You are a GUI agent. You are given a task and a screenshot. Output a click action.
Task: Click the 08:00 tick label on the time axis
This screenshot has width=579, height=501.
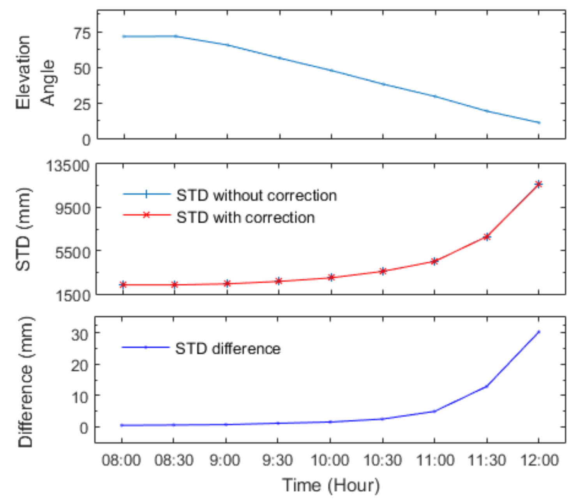point(121,461)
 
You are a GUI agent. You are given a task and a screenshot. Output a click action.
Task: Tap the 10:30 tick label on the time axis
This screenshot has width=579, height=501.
point(382,461)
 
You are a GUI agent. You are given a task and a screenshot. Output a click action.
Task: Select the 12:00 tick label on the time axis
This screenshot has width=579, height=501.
point(540,461)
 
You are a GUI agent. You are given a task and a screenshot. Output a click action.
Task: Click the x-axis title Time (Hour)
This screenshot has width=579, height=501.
point(331,485)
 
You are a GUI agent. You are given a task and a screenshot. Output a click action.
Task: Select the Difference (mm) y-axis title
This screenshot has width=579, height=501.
point(26,381)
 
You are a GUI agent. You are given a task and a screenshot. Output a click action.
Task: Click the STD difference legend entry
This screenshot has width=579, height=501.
point(228,348)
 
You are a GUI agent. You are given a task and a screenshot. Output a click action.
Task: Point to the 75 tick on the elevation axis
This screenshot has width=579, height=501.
point(82,33)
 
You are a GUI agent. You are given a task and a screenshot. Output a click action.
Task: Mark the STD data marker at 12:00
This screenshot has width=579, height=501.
point(538,184)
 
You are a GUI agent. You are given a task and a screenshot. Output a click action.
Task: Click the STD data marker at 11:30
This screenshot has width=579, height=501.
point(487,237)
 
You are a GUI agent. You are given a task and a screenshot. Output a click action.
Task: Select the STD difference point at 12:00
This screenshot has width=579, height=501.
point(538,332)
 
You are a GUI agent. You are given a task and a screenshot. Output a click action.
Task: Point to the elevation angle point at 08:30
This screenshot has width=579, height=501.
point(176,36)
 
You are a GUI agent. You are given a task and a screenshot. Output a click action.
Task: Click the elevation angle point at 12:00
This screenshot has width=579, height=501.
point(538,123)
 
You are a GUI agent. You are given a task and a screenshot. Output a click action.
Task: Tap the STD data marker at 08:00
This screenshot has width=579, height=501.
point(123,285)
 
